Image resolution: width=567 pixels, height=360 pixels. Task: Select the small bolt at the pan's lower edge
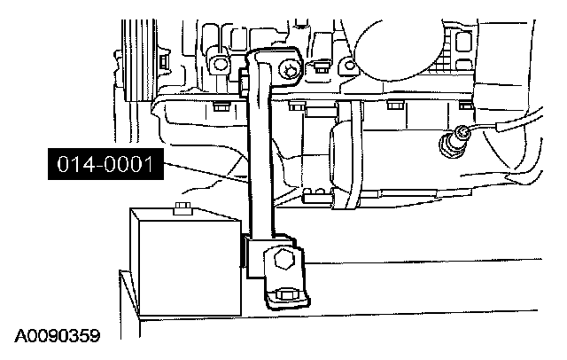coord(309,193)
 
